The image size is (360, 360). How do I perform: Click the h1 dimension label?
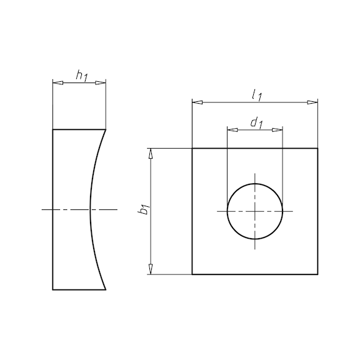tap(81, 76)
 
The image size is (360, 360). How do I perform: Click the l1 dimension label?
tap(256, 95)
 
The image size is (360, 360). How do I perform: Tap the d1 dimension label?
tap(256, 123)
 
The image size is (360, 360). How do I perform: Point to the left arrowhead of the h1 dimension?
tap(56, 82)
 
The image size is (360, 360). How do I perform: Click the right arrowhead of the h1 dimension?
tap(102, 82)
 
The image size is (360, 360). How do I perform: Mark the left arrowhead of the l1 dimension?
tap(196, 102)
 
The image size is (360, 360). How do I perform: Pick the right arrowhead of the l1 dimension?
tap(314, 102)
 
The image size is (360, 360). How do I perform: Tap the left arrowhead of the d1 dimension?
tap(231, 130)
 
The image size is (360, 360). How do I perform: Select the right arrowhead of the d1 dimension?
tap(279, 130)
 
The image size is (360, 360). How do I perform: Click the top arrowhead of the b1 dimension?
tap(151, 152)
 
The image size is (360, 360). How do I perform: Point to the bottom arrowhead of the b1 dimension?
tap(151, 270)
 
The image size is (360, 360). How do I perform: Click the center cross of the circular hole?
tap(255, 211)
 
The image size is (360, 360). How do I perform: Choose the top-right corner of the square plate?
tap(317, 149)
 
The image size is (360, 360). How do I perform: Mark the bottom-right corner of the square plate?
tap(317, 274)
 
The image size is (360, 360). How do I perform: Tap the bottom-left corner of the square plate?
tap(192, 274)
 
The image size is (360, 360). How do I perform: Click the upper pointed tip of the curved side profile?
tap(106, 129)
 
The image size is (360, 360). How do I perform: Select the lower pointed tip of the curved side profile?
tap(106, 290)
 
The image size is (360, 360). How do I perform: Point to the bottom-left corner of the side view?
tap(53, 290)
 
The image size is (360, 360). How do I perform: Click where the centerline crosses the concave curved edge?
tap(90, 209)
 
